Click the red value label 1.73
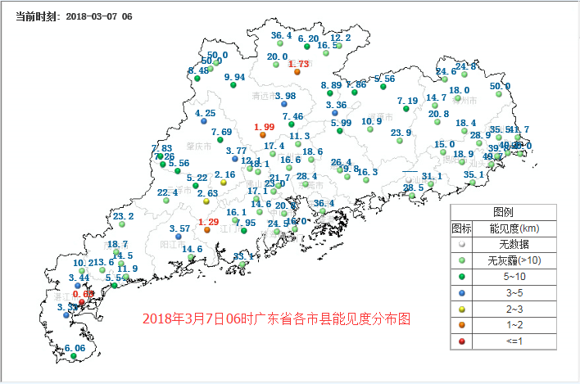pos(298,64)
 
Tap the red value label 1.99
pos(264,126)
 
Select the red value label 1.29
pos(208,222)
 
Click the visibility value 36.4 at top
pos(281,35)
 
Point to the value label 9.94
pos(234,77)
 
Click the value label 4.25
pos(206,113)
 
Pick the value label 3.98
pos(285,96)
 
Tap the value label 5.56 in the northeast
pos(385,79)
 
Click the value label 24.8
pos(465,66)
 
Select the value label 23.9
pos(401,133)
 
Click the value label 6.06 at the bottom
pos(75,348)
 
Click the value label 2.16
pos(224,174)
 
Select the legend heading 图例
pos(503,210)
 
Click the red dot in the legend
pos(462,341)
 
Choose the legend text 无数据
pos(508,244)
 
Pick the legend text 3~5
pos(508,292)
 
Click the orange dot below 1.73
pos(297,72)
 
